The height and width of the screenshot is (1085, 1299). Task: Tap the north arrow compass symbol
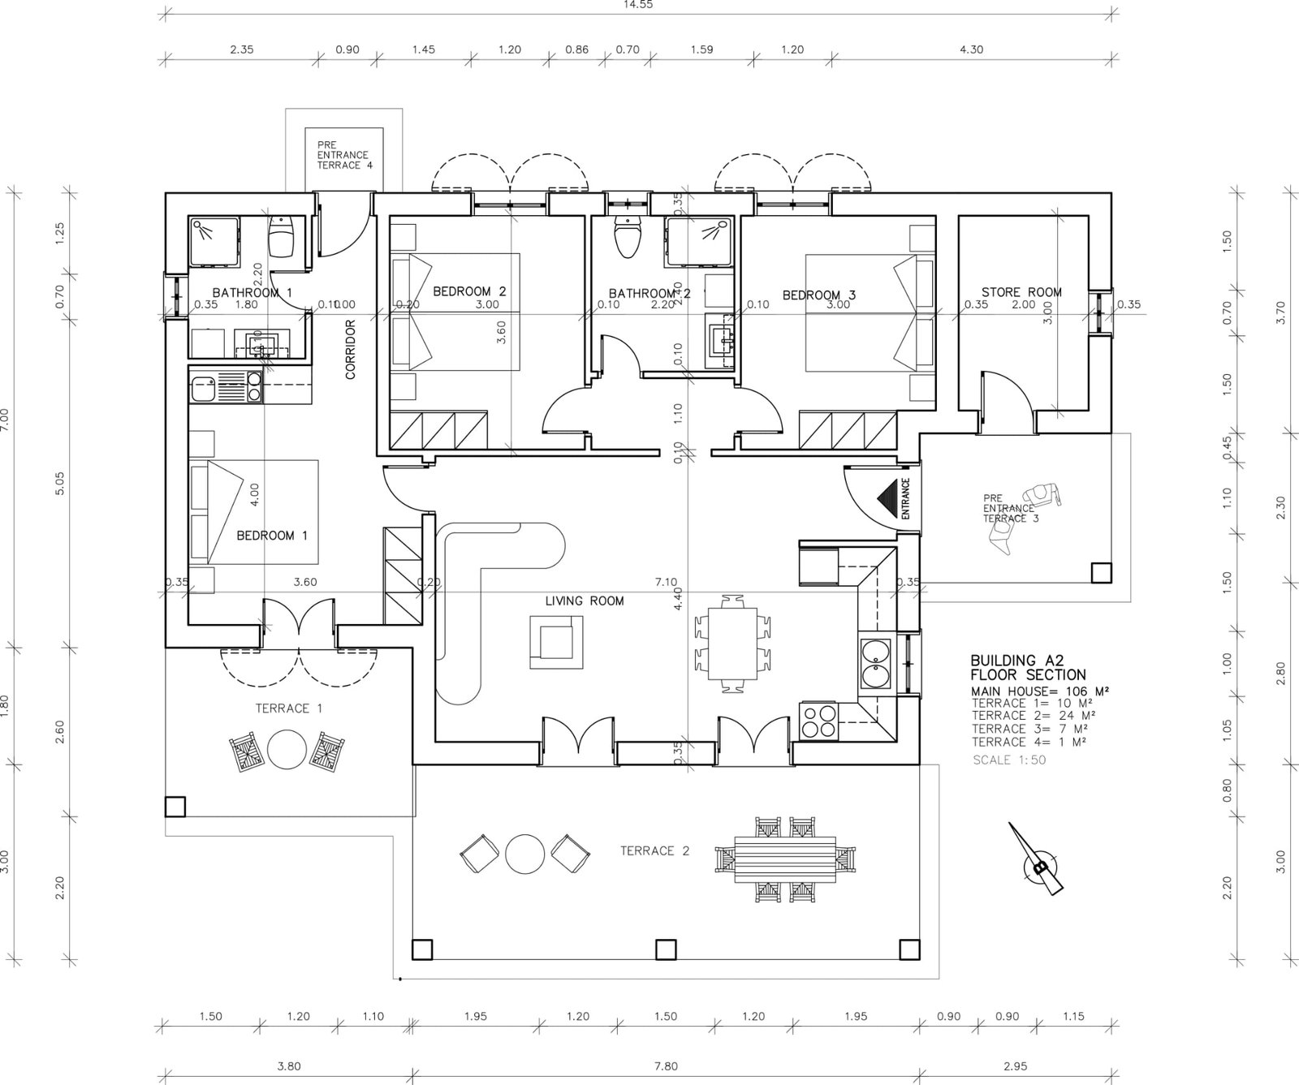point(1037,867)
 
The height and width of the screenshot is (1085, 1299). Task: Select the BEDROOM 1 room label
point(272,536)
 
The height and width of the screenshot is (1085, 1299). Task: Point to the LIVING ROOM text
point(585,601)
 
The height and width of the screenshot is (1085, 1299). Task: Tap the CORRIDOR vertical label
point(351,350)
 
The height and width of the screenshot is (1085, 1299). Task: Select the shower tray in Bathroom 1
point(215,241)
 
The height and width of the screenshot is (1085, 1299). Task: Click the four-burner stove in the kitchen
point(818,720)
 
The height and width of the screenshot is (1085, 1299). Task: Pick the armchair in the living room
point(557,641)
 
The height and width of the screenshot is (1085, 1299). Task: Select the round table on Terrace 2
point(524,853)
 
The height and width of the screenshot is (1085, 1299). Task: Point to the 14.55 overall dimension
point(638,4)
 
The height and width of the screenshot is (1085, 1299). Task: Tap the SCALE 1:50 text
point(1009,760)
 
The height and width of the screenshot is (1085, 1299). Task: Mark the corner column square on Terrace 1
point(175,806)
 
